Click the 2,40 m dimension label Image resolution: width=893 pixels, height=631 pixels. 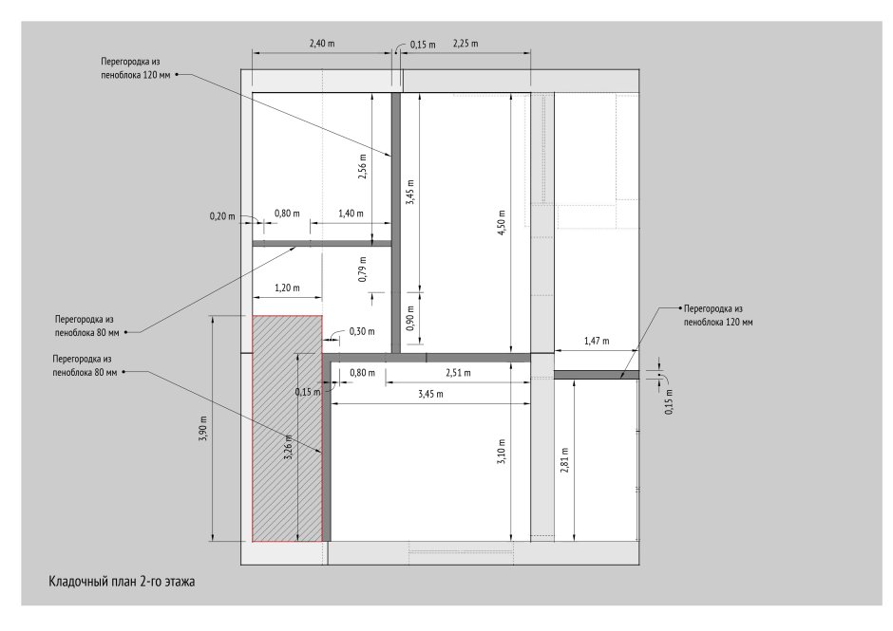click(322, 44)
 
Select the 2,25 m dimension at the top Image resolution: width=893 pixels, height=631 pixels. click(465, 44)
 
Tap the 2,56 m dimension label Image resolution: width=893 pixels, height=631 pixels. click(362, 166)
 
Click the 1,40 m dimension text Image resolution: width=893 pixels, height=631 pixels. click(351, 213)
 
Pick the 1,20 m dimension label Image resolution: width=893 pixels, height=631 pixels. click(287, 288)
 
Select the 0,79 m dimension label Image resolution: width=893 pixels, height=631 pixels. click(362, 269)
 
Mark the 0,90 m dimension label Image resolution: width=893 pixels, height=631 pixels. click(411, 319)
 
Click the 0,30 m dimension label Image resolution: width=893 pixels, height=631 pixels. click(362, 331)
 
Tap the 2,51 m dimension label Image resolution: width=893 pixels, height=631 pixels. click(458, 373)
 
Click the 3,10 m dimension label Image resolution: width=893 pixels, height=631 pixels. click(502, 452)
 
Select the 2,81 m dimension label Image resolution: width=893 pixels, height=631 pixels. click(563, 460)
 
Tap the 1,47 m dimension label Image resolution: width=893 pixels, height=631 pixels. click(597, 341)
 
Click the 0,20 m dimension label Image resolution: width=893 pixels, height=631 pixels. click(222, 216)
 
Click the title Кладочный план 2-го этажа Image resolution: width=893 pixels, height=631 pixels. click(122, 582)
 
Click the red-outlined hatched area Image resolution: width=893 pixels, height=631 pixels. click(287, 428)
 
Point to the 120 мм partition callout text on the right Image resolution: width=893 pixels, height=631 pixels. click(718, 315)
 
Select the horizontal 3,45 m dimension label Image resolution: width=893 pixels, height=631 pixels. click(430, 394)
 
